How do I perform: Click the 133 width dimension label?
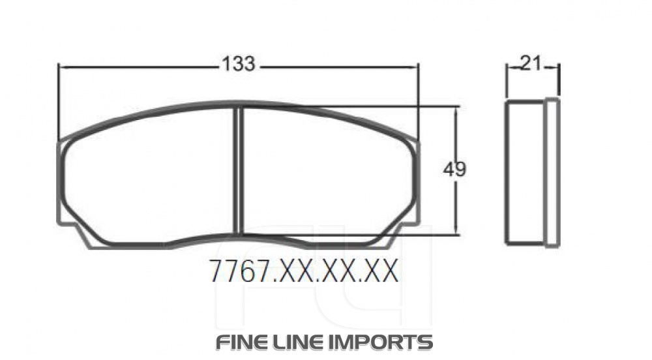coord(238,64)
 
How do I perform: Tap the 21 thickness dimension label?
coord(531,63)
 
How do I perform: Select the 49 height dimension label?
coord(454,170)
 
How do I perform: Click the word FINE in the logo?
coord(241,342)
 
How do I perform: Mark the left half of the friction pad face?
coord(150,176)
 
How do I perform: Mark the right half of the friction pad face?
coord(326,176)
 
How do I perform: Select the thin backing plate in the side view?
coord(552,173)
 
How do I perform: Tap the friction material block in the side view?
coord(526,173)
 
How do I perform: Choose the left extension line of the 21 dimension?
coord(507,82)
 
